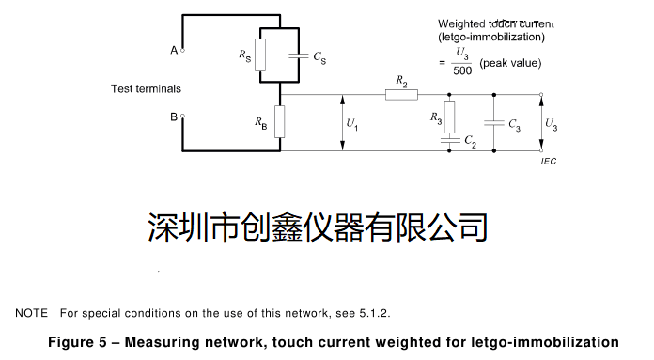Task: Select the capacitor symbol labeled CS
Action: (299, 56)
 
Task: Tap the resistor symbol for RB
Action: (280, 122)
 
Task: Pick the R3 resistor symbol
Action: (449, 117)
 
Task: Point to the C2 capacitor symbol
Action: (449, 140)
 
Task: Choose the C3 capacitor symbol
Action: (490, 122)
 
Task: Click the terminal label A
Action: (174, 51)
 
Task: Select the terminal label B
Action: (174, 117)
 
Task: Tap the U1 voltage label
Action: (351, 123)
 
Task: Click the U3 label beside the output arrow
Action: (551, 123)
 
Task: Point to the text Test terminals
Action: (146, 88)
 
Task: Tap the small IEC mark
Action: (549, 162)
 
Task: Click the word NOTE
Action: (31, 312)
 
